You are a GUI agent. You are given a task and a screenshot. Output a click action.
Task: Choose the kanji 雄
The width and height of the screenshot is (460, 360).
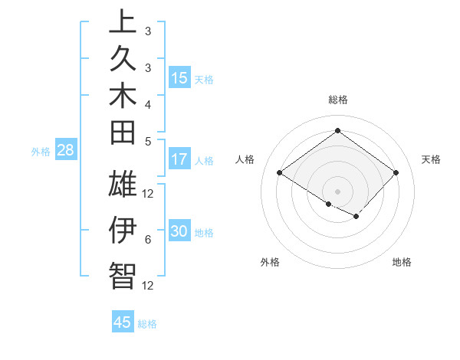coord(123,186)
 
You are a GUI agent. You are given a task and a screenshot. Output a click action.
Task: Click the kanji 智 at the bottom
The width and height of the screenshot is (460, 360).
coord(123,276)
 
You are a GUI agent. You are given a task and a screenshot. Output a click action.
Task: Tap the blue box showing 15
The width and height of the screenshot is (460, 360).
coord(179,78)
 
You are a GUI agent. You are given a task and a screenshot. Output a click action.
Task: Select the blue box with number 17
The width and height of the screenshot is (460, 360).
coord(179,160)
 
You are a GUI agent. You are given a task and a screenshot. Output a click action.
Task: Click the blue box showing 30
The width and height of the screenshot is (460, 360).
coord(179,232)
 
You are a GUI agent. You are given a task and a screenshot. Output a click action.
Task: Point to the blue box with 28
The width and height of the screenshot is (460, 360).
coord(65,151)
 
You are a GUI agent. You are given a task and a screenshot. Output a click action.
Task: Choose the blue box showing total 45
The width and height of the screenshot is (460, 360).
coord(123,322)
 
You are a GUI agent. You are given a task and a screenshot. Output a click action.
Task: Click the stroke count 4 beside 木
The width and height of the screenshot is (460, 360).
coord(148,103)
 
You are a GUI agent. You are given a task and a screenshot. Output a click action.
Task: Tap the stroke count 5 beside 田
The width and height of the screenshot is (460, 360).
coord(148,141)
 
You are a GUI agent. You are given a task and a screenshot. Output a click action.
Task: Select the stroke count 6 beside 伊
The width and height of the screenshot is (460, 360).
coord(148,240)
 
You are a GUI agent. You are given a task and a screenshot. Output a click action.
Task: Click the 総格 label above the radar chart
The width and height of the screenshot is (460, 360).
coord(337,100)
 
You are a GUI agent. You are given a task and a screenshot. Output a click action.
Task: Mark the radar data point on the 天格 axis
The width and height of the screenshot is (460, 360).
coord(396,173)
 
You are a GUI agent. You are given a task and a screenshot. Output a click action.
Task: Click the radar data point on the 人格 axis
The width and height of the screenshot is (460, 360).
coord(280,173)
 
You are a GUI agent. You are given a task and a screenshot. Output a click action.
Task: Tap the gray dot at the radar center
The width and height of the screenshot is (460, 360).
coord(337,190)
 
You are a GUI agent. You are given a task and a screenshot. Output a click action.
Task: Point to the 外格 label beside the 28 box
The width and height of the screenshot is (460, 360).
coord(41,152)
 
